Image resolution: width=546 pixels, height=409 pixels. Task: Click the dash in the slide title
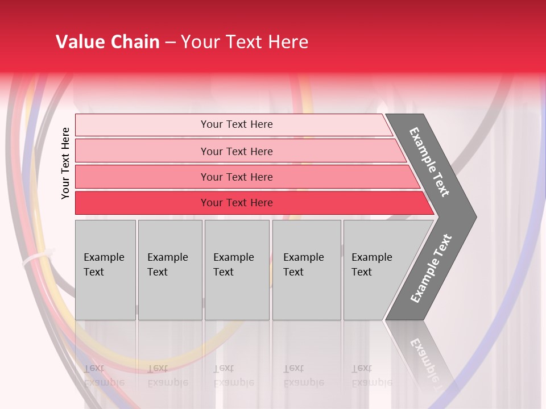[170, 43]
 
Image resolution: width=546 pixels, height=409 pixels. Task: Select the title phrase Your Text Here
[245, 42]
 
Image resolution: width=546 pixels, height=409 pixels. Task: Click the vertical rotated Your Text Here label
[65, 163]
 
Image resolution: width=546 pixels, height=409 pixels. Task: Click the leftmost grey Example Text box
[105, 270]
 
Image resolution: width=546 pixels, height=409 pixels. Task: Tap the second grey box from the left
[170, 270]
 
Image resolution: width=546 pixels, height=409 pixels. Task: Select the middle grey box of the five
[237, 270]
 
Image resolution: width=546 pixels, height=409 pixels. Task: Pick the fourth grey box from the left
[307, 270]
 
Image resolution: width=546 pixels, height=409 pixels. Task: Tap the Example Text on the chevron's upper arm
[429, 162]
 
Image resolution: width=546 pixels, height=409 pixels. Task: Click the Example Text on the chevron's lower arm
[431, 269]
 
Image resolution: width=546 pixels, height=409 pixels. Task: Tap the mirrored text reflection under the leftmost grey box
[104, 375]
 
